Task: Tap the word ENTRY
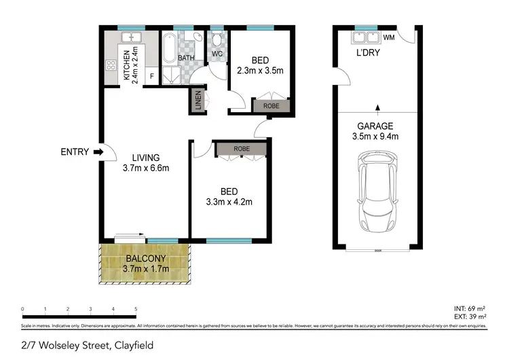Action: tap(75, 152)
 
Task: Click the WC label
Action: tap(217, 54)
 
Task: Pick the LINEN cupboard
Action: tap(197, 100)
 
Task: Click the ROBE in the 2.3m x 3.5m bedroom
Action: tap(271, 106)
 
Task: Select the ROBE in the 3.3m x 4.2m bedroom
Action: tap(240, 149)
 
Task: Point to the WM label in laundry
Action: tap(390, 37)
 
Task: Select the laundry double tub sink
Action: tap(364, 37)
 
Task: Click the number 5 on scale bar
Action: tap(136, 308)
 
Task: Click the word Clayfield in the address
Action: tap(134, 346)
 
